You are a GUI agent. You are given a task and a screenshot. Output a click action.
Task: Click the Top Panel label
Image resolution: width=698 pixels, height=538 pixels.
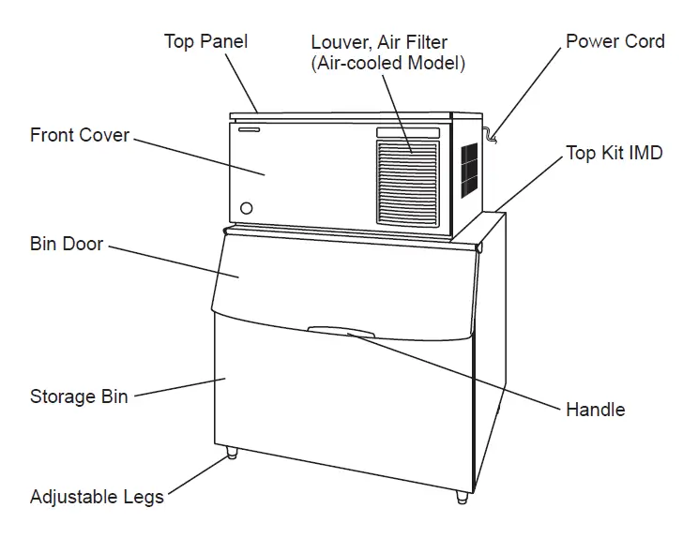pyautogui.click(x=205, y=41)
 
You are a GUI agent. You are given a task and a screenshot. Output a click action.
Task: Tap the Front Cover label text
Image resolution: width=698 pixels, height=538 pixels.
pyautogui.click(x=80, y=135)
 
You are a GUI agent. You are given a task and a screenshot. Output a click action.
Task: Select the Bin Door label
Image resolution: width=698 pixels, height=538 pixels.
pyautogui.click(x=67, y=244)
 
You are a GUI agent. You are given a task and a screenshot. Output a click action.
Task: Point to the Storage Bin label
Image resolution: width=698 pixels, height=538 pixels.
pyautogui.click(x=79, y=396)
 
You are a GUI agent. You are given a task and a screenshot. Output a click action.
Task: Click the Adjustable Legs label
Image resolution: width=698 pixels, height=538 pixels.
pyautogui.click(x=97, y=496)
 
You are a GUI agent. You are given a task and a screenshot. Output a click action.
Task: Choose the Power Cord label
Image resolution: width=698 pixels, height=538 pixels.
pyautogui.click(x=615, y=41)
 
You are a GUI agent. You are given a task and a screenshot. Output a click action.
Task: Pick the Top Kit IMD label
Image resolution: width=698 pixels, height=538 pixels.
pyautogui.click(x=614, y=153)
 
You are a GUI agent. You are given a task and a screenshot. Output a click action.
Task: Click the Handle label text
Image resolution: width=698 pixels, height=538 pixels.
pyautogui.click(x=595, y=410)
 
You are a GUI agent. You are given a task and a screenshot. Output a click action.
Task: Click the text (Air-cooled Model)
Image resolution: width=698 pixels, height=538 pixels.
pyautogui.click(x=388, y=64)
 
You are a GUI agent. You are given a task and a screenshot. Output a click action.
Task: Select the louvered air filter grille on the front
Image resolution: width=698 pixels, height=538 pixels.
pyautogui.click(x=407, y=183)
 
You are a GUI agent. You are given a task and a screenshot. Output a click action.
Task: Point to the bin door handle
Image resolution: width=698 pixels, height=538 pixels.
pyautogui.click(x=342, y=332)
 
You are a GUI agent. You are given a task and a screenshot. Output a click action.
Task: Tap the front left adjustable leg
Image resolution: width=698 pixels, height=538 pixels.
pyautogui.click(x=232, y=454)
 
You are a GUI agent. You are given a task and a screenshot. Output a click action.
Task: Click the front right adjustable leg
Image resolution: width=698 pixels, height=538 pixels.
pyautogui.click(x=462, y=497)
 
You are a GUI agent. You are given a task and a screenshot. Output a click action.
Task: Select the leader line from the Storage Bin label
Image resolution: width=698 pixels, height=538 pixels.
pyautogui.click(x=178, y=387)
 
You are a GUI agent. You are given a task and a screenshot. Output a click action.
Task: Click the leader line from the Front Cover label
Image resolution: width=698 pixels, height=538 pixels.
pyautogui.click(x=197, y=156)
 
